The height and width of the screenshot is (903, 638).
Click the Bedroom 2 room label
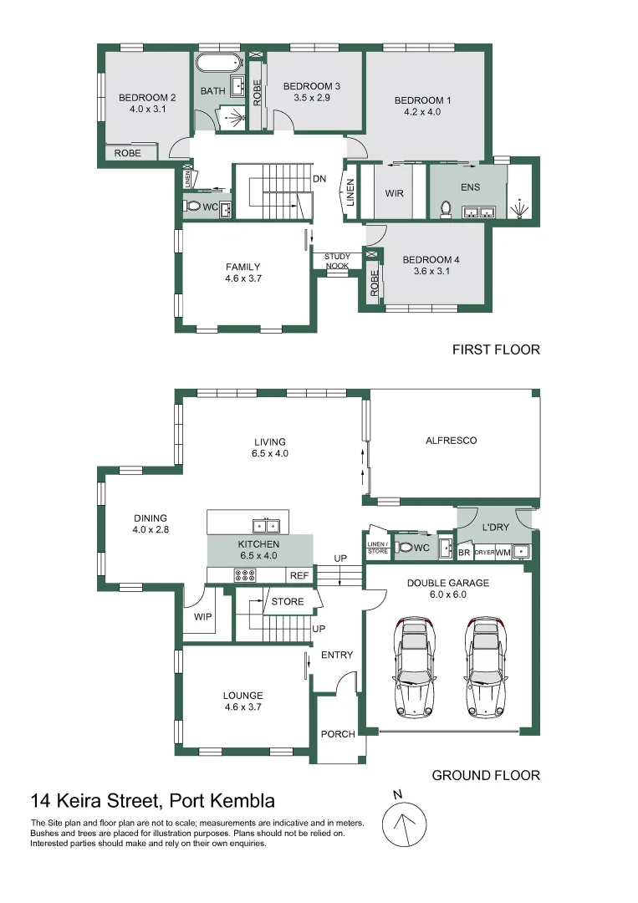pyautogui.click(x=147, y=97)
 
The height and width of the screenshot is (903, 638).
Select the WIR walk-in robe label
pyautogui.click(x=395, y=193)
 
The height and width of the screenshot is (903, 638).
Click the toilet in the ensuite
pyautogui.click(x=446, y=210)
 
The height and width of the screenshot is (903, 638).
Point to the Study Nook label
pyautogui.click(x=338, y=261)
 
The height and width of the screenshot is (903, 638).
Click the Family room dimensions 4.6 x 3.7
pyautogui.click(x=243, y=278)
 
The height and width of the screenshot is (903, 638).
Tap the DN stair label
pyautogui.click(x=319, y=179)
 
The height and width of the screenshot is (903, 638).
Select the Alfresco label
pyautogui.click(x=451, y=440)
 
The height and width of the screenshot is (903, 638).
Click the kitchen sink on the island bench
pyautogui.click(x=265, y=526)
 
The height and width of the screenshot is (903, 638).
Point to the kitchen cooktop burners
pyautogui.click(x=246, y=574)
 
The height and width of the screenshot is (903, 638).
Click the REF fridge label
pyautogui.click(x=299, y=575)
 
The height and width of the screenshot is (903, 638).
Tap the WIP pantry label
pyautogui.click(x=202, y=616)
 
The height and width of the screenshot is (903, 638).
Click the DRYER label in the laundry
pyautogui.click(x=485, y=553)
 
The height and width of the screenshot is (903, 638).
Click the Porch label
pyautogui.click(x=338, y=734)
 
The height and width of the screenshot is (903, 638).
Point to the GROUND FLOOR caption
pyautogui.click(x=486, y=775)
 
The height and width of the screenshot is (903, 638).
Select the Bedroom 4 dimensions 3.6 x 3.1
pyautogui.click(x=431, y=271)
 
